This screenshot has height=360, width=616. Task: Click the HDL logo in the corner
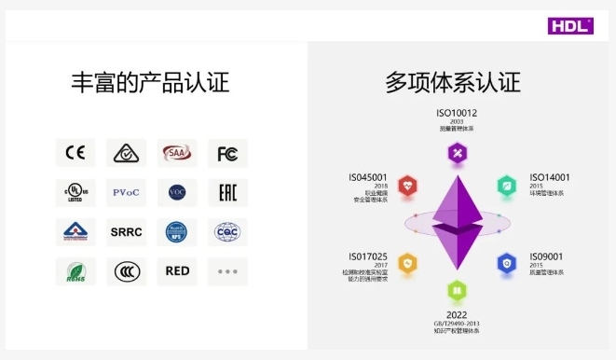tap(570, 24)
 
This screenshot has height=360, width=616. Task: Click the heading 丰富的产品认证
tap(150, 83)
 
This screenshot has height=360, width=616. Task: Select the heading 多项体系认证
tap(453, 83)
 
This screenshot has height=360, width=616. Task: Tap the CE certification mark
tap(75, 153)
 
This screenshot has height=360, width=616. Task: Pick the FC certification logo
tap(227, 153)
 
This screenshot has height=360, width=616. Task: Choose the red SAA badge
tap(176, 153)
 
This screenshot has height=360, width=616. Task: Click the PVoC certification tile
tap(126, 192)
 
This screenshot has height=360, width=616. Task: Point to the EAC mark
tap(227, 192)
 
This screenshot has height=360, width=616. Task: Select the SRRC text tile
tap(126, 231)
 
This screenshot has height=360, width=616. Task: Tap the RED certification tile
tap(176, 271)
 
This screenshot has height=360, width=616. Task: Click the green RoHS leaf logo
tap(75, 271)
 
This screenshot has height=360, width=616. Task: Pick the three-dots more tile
tap(227, 271)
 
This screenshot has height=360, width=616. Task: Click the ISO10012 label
tap(457, 114)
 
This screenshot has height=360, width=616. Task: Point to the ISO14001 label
tap(550, 177)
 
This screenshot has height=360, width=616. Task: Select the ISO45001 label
tap(367, 177)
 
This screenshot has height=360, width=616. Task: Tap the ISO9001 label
tap(548, 256)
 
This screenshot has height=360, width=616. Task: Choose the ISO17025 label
tap(367, 256)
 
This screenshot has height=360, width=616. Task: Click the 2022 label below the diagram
tap(457, 314)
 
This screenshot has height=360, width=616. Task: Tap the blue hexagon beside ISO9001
tap(506, 263)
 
